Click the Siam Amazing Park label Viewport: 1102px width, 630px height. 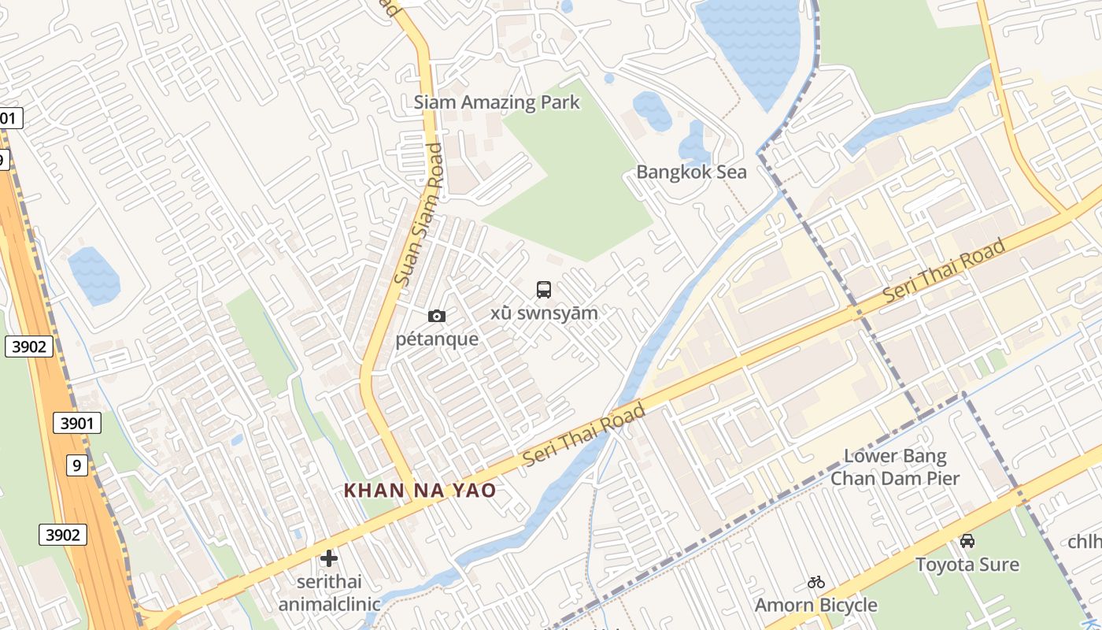[497, 102]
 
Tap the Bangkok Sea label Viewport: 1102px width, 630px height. [691, 172]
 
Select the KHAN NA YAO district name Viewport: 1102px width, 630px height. [420, 491]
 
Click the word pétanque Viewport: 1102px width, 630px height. [437, 339]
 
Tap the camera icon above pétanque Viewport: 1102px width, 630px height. [437, 317]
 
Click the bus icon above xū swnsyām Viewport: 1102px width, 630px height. [544, 290]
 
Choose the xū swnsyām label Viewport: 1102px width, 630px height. [544, 313]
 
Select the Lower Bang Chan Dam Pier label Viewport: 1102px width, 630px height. [895, 467]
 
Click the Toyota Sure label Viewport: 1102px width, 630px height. [967, 565]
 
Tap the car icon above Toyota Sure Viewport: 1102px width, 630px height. [967, 541]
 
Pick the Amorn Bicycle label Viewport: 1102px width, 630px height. [815, 605]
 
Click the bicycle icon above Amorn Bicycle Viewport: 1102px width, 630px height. [816, 583]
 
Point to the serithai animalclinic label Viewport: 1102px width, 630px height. [329, 593]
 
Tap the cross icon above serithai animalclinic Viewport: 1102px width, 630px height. [329, 559]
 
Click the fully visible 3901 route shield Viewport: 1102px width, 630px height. [78, 424]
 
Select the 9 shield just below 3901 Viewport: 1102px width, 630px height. [76, 465]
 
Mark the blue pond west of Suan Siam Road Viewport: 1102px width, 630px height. [94, 275]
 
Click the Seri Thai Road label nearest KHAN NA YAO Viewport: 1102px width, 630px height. [583, 434]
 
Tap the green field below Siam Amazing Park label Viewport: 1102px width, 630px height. [575, 189]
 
